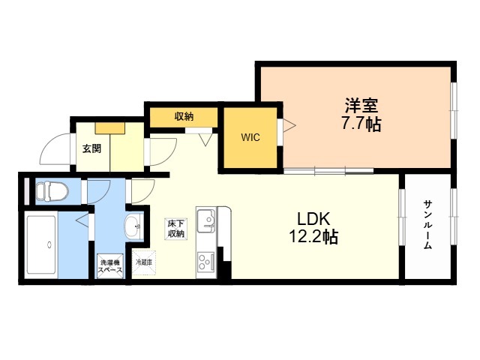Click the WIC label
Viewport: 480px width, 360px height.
[250, 138]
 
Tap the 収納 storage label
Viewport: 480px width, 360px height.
[184, 116]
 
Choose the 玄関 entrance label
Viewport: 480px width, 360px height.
[91, 148]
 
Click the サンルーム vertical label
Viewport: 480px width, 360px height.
[427, 225]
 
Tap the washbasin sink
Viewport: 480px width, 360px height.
[133, 224]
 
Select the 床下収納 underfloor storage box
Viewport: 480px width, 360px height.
[176, 228]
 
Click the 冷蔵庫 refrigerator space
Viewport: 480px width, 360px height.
[142, 263]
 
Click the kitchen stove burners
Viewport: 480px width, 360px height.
[205, 262]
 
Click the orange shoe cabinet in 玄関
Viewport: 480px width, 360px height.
[109, 127]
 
